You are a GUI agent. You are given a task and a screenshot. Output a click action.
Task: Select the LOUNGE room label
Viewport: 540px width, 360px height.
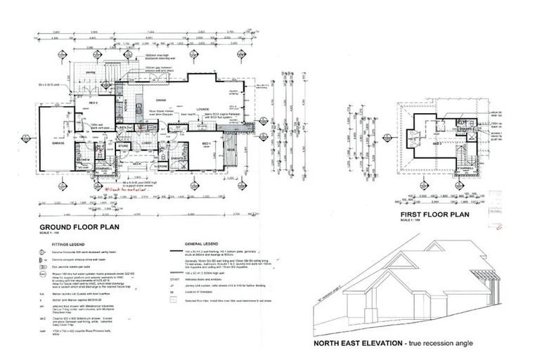(203, 110)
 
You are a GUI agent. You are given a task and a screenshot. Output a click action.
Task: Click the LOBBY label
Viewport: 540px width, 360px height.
(148, 143)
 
